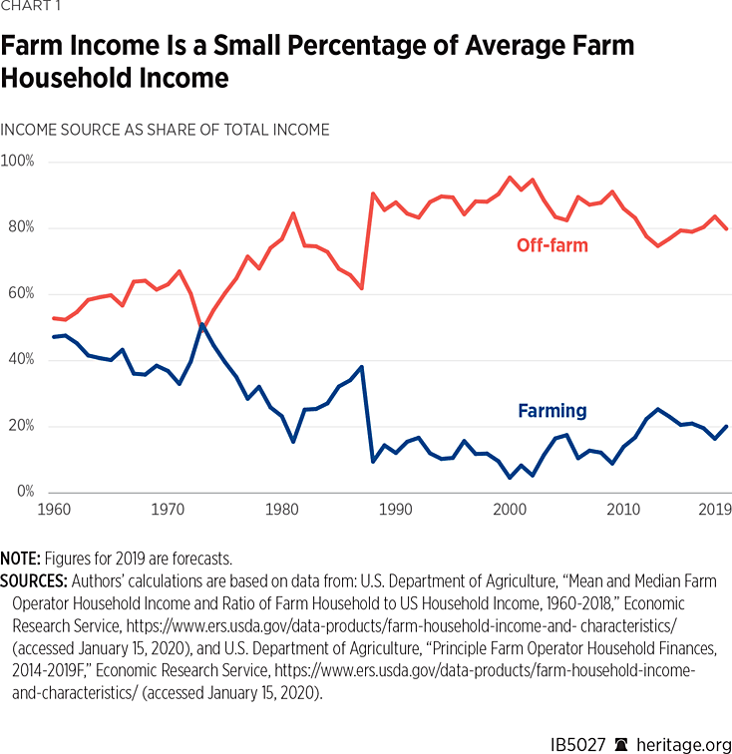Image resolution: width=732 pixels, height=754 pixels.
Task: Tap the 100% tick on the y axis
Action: [x=18, y=162]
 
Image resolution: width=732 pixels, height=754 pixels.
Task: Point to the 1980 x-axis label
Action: [x=282, y=510]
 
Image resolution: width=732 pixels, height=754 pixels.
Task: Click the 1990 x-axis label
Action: [x=396, y=510]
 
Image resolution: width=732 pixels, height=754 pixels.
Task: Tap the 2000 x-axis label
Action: [x=510, y=510]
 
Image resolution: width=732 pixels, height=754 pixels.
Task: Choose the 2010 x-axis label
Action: [x=623, y=510]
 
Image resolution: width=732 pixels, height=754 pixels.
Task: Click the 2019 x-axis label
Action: [x=714, y=510]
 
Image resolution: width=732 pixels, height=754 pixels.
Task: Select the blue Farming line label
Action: [x=552, y=410]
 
